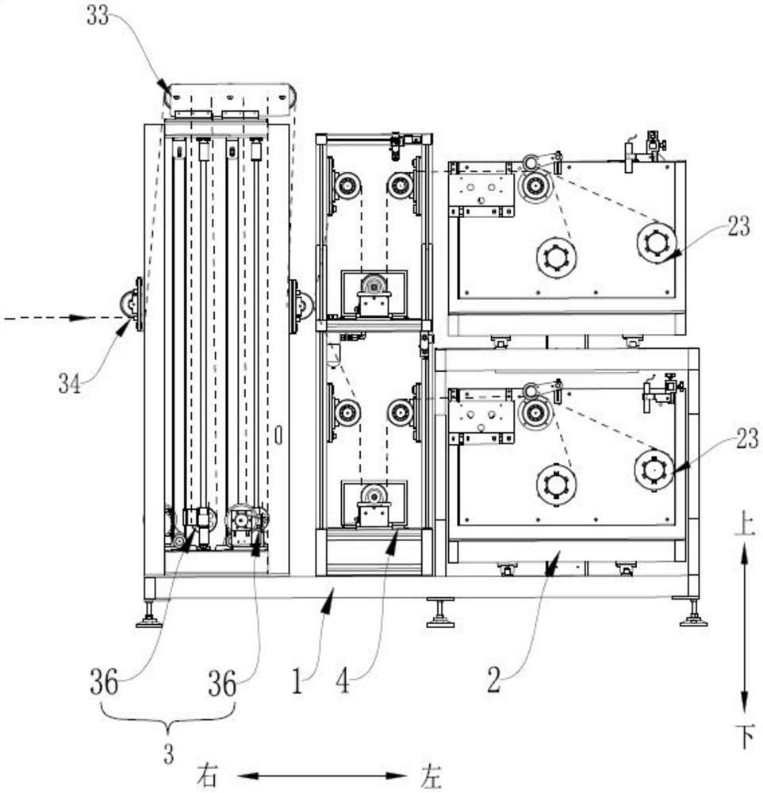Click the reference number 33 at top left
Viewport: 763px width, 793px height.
[x=98, y=16]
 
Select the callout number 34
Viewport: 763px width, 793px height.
[x=70, y=383]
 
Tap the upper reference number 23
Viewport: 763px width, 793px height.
[x=738, y=226]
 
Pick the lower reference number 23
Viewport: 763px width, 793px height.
[x=747, y=439]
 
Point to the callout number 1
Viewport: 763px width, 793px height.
[x=297, y=680]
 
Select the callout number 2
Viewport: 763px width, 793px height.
[x=493, y=680]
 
